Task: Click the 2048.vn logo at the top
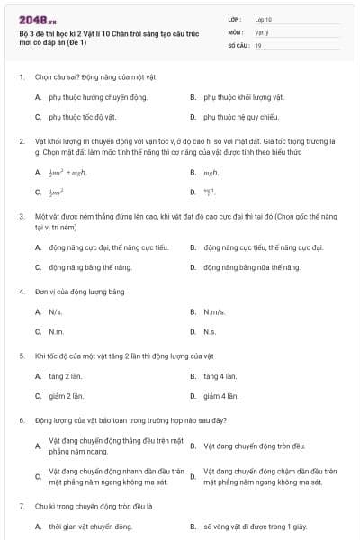[x=37, y=20]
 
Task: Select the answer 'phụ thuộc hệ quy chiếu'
[x=237, y=117]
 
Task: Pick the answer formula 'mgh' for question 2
[x=211, y=170]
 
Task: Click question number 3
[x=22, y=217]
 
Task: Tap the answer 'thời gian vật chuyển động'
[x=87, y=526]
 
